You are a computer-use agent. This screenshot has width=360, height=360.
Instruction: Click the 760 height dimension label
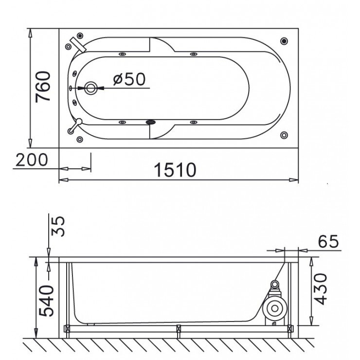(x=43, y=87)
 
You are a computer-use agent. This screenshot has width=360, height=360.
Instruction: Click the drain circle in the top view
(x=91, y=88)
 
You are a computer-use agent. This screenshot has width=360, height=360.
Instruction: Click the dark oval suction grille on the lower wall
(x=151, y=122)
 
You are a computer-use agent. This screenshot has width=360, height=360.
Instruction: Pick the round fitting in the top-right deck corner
(x=284, y=41)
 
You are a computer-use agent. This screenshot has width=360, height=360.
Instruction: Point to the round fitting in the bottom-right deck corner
(x=284, y=135)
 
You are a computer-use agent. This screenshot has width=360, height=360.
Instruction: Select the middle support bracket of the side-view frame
(x=179, y=331)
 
